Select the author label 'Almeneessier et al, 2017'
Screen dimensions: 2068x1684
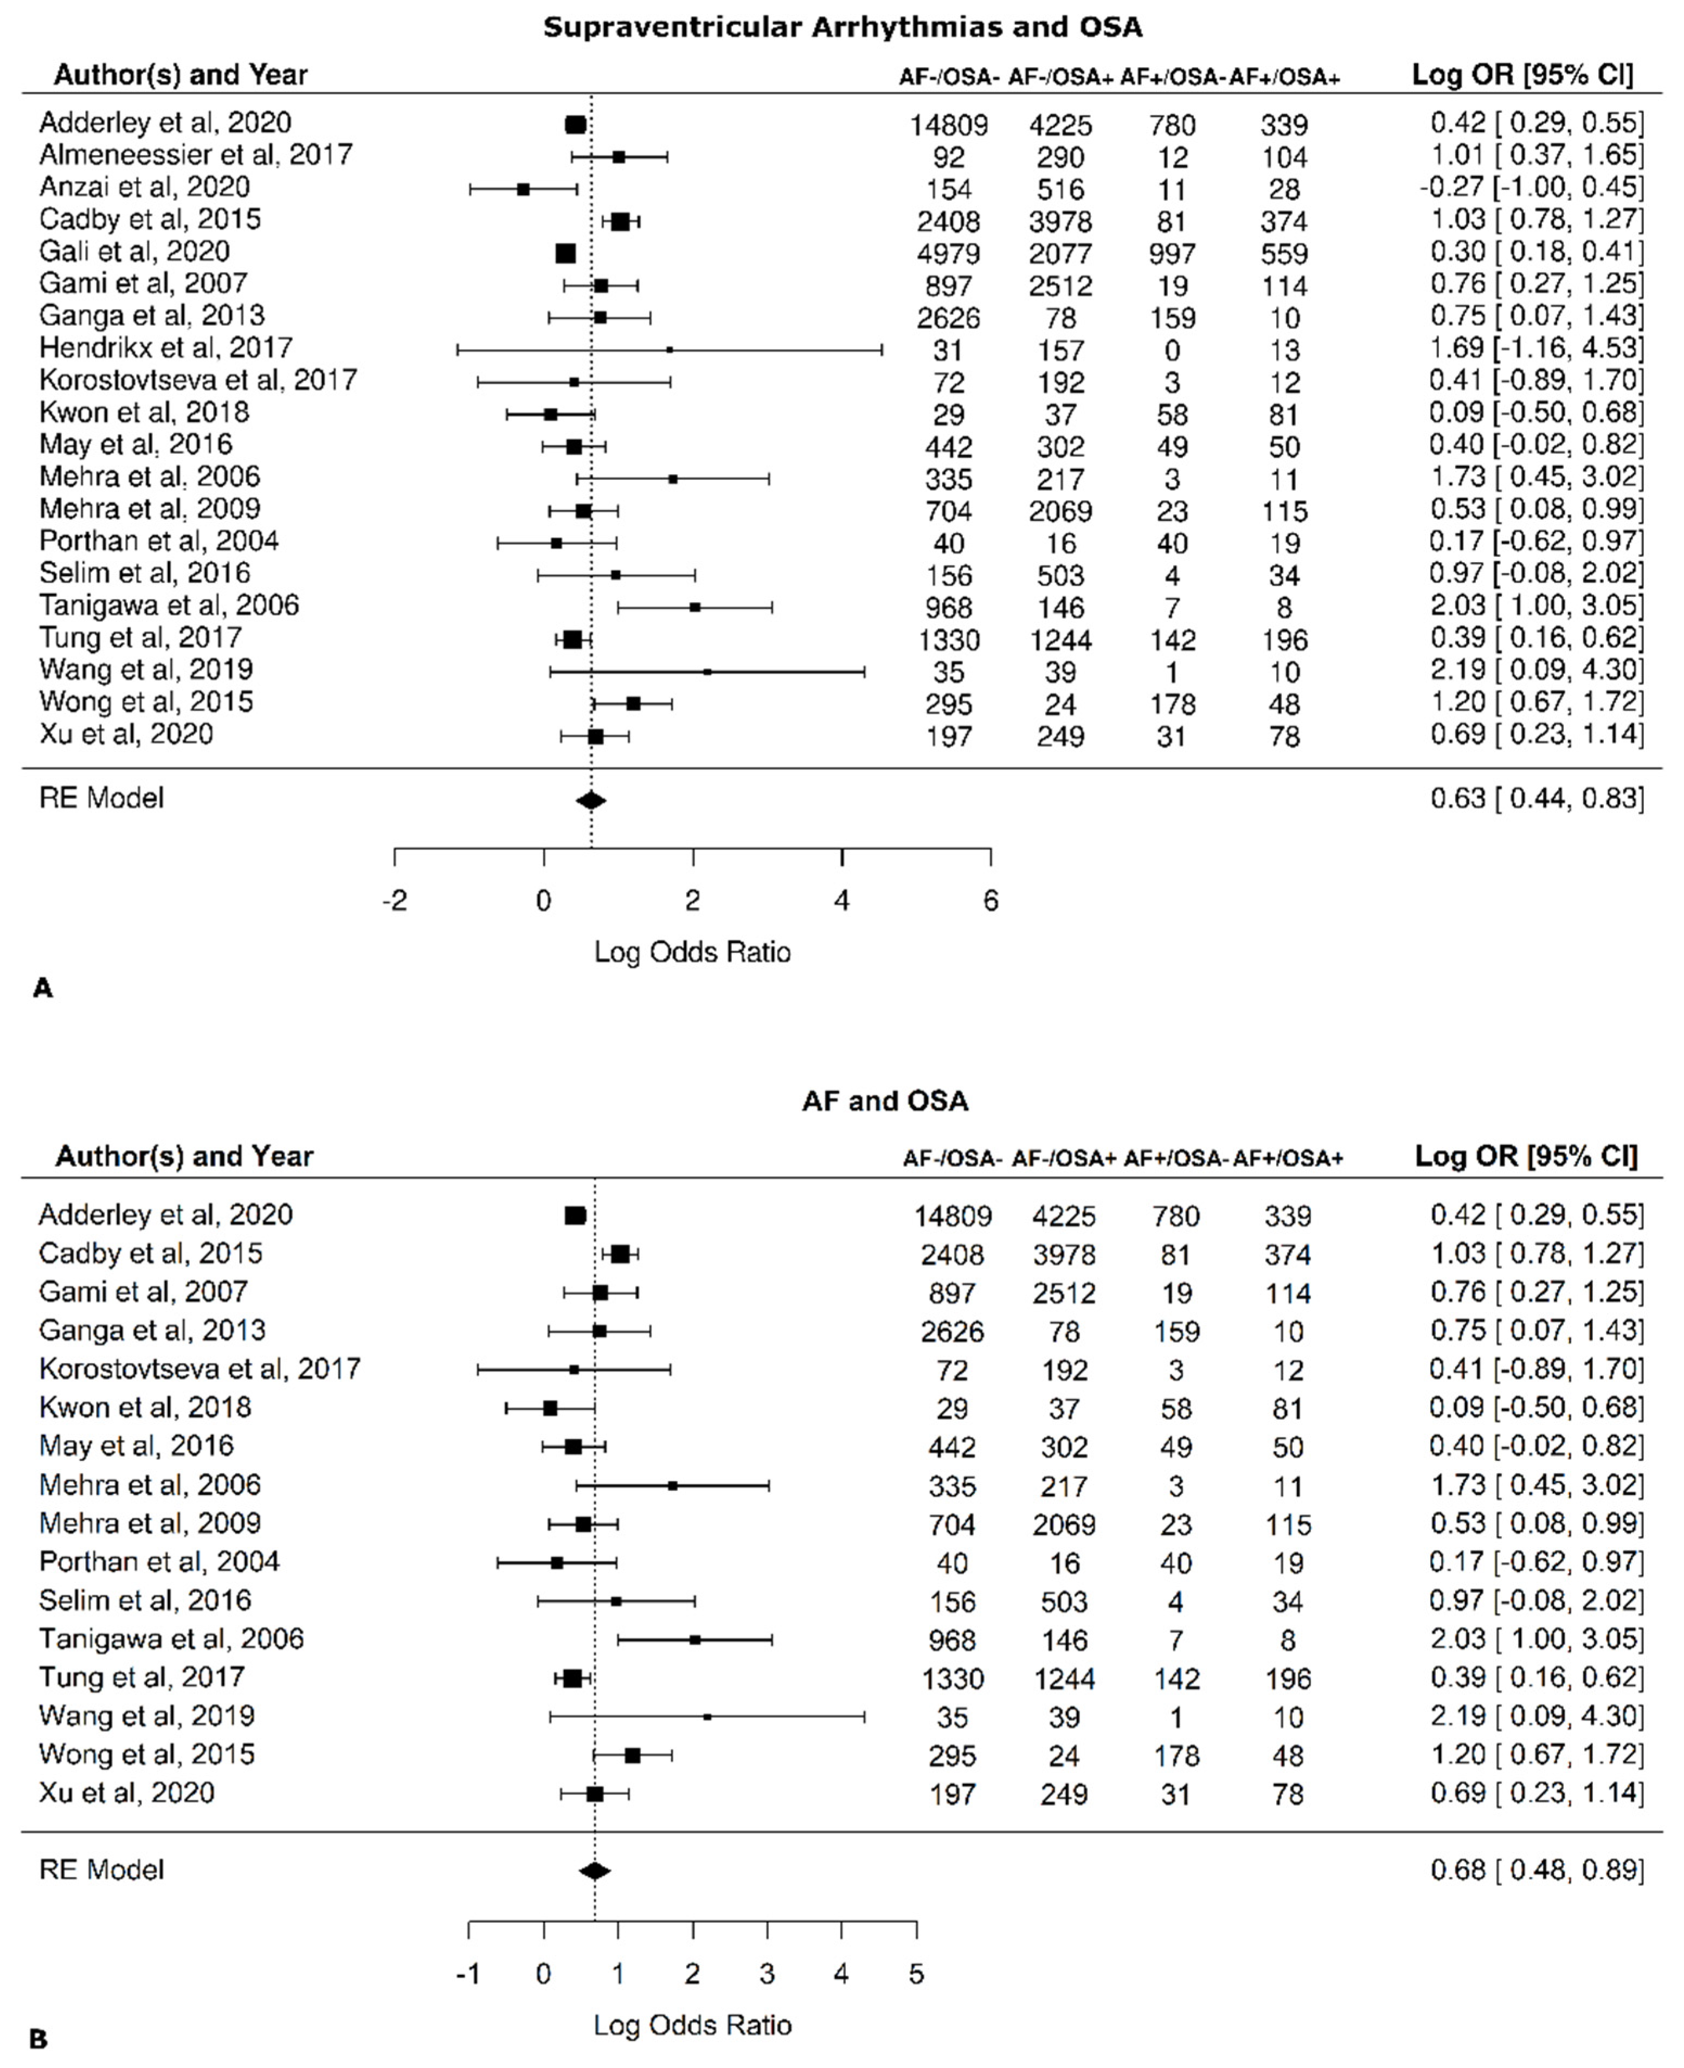(195, 155)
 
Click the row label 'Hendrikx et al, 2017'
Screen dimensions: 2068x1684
(166, 347)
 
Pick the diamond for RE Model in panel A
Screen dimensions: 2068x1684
(591, 800)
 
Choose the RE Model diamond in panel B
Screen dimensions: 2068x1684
(595, 1871)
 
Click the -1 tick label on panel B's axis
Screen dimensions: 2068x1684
(467, 1975)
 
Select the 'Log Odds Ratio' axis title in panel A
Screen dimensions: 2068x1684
(692, 952)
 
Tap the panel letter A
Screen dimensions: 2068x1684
(43, 988)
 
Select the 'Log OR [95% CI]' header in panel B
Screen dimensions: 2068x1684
(1526, 1156)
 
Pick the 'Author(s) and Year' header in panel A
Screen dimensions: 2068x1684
(181, 75)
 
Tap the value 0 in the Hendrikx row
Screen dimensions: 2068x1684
(1172, 350)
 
